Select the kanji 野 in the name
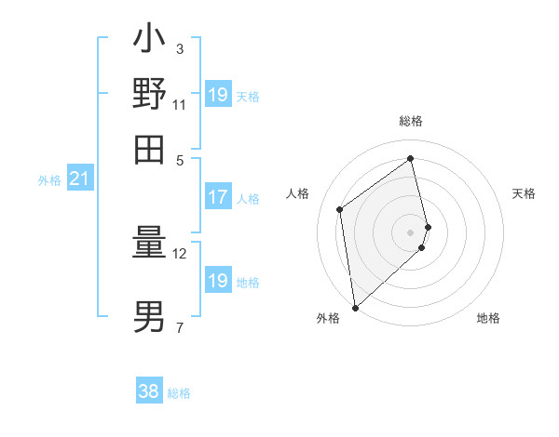point(149,93)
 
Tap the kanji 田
point(149,148)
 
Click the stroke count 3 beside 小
point(179,48)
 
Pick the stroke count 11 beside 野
point(180,104)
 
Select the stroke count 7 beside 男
point(179,327)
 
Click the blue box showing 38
point(149,391)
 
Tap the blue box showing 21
point(79,179)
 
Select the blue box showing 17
point(218,197)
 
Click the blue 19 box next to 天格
point(218,95)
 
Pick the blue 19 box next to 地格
point(218,281)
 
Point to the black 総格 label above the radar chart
point(411,121)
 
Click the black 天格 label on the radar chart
point(525,193)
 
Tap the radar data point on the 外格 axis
point(355,307)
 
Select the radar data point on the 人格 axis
point(340,209)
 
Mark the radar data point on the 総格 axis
point(411,158)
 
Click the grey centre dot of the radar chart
point(411,232)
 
